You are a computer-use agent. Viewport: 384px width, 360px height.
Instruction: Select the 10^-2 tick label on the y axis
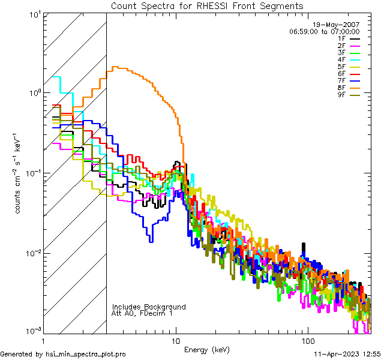(x=31, y=252)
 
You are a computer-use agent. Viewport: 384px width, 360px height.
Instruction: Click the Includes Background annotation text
(x=149, y=307)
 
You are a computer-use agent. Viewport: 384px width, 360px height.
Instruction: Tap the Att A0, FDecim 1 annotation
(x=142, y=313)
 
